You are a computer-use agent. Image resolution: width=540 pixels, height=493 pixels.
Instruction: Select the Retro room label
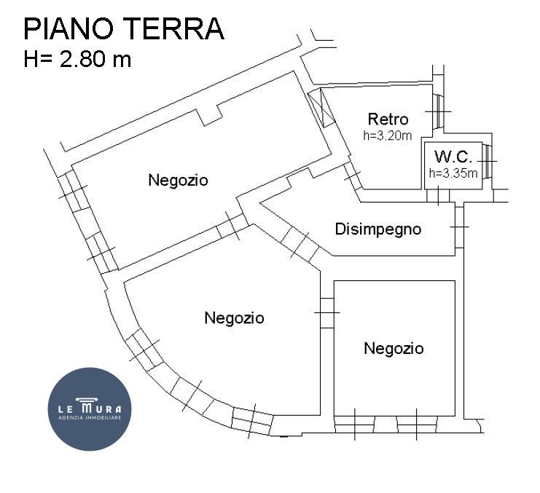click(388, 119)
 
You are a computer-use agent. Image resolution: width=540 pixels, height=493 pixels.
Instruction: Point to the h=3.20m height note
click(388, 135)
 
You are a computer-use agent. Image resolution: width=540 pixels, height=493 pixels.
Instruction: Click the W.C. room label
click(453, 157)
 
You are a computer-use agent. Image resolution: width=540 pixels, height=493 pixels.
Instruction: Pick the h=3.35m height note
click(453, 173)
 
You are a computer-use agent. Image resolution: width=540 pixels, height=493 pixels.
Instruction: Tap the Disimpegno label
click(377, 229)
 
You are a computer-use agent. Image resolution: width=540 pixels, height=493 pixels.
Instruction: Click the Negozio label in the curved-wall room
click(234, 318)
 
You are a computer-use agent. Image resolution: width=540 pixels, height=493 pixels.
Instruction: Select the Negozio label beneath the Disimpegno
click(394, 349)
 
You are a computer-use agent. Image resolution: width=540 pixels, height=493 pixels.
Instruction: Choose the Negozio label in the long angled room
click(178, 180)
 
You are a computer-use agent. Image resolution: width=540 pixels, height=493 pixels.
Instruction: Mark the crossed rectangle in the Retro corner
click(321, 108)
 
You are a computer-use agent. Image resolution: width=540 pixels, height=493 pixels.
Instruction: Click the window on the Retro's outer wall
click(439, 111)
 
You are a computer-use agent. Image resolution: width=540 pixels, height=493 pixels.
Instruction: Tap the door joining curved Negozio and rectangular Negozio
click(326, 312)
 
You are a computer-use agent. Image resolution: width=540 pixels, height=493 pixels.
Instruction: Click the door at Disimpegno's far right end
click(459, 227)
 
